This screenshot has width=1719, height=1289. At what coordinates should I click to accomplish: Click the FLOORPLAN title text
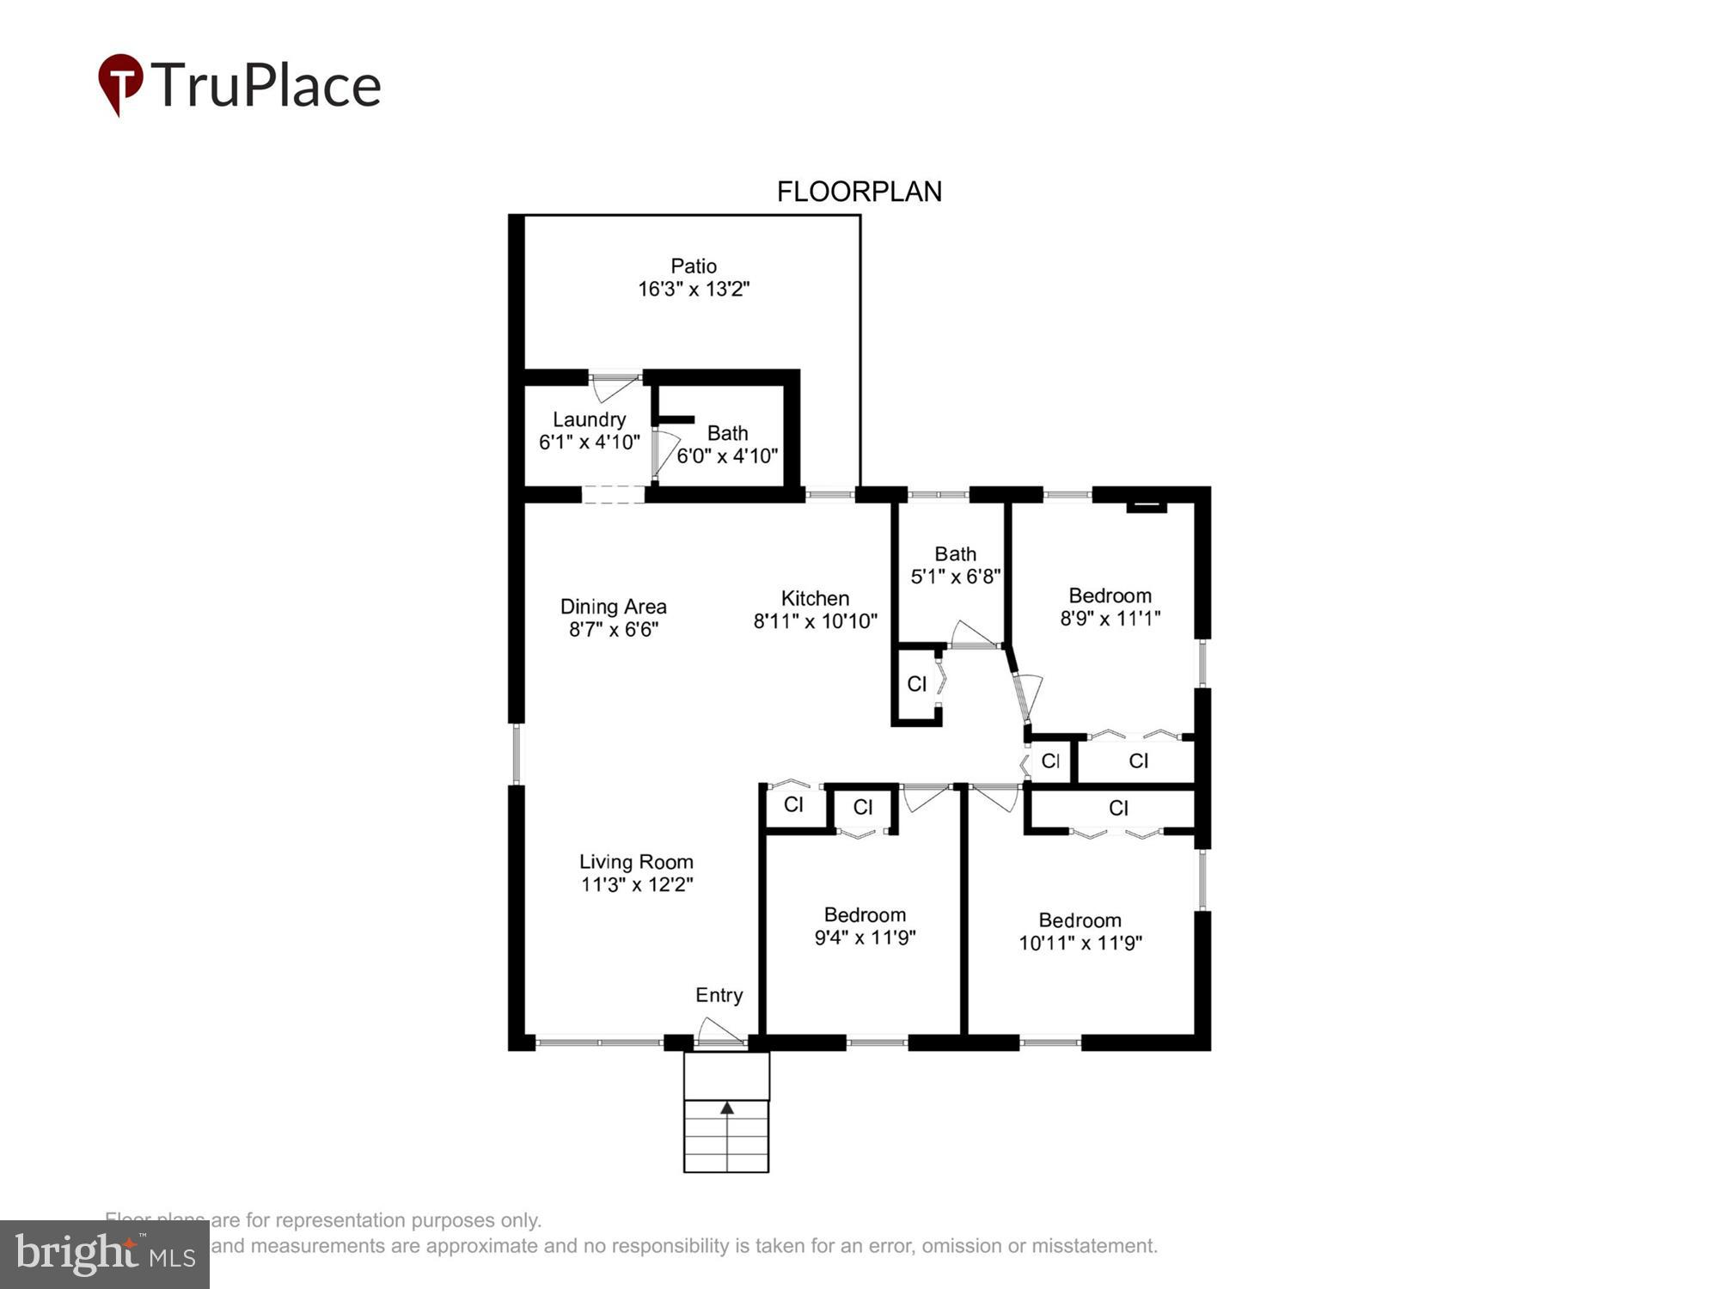point(859,191)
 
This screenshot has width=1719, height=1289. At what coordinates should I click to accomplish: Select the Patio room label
point(693,266)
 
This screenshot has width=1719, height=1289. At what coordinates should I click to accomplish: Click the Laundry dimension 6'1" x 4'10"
point(589,442)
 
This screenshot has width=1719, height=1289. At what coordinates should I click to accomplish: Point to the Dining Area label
point(613,606)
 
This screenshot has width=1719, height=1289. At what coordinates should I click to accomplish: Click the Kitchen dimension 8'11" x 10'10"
point(815,620)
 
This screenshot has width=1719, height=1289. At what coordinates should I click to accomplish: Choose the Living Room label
point(635,861)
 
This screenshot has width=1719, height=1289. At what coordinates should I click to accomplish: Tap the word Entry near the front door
point(719,994)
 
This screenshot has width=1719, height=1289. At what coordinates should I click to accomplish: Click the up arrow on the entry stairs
point(727,1108)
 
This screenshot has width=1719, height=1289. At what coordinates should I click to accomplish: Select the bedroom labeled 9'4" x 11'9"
point(865,926)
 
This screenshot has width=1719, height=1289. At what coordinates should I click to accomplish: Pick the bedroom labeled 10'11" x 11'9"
point(1080,932)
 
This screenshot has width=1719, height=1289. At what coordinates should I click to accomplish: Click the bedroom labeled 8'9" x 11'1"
point(1110,607)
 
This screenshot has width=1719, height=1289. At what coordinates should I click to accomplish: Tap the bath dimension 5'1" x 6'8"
point(955,576)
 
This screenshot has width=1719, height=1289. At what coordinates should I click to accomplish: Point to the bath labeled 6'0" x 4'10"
point(727,444)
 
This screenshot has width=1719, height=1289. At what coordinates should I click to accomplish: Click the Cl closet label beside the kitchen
point(916,683)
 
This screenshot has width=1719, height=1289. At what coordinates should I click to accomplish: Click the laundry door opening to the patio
point(615,386)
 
